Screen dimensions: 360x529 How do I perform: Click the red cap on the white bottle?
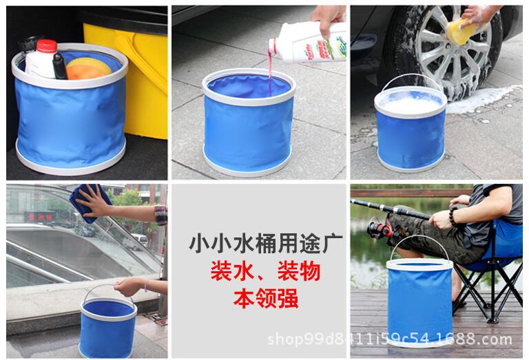coord(46,46)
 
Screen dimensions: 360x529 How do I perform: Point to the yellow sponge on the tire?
coord(462,31)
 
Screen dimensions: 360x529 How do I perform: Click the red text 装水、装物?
coord(256,273)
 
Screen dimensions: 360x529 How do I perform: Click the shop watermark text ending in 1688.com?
coord(389,339)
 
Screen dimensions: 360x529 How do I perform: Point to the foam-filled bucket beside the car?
coord(411,128)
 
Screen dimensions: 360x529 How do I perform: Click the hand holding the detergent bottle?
coord(329,17)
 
